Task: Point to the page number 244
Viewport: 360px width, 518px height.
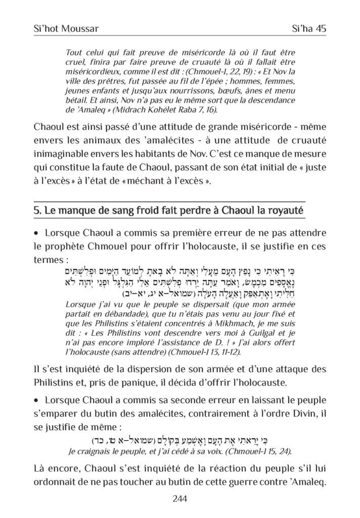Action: pos(180,499)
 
